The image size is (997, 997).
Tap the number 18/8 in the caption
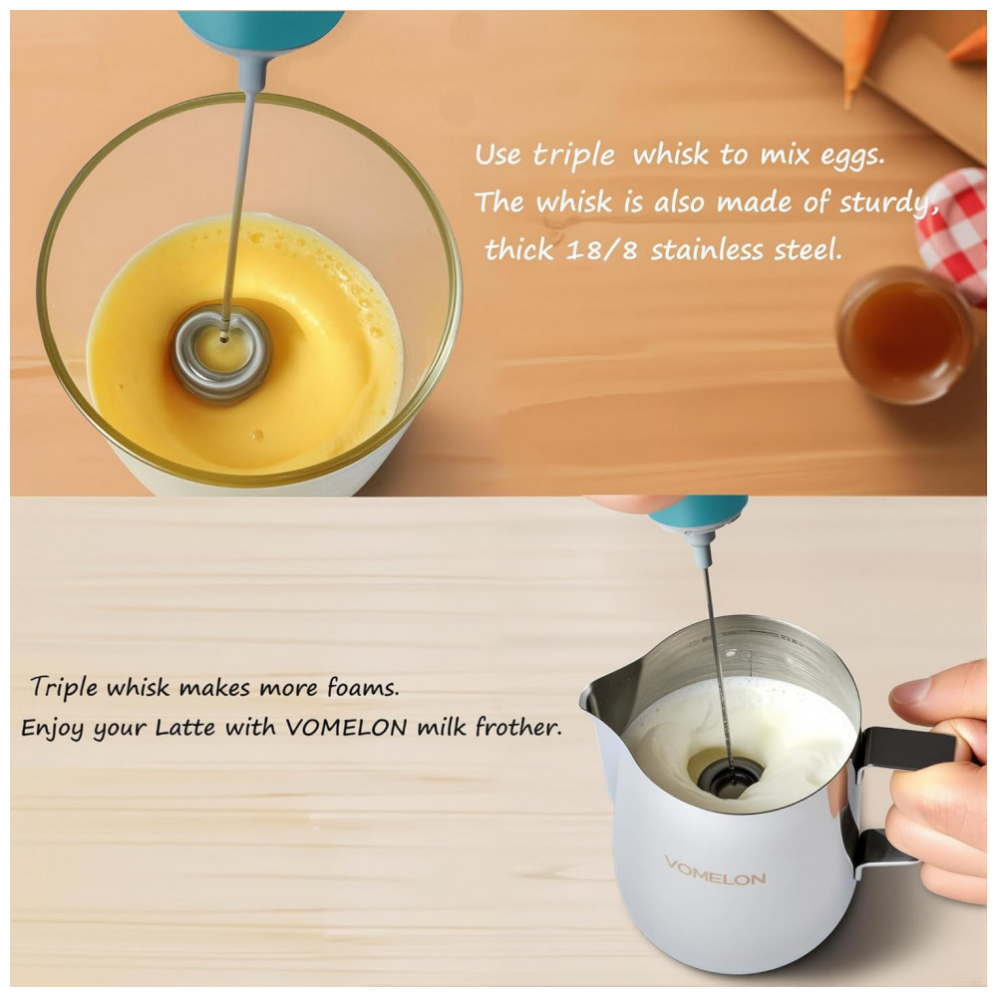pos(601,248)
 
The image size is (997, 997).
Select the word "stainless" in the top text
pos(706,248)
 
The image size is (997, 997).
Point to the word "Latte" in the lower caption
pos(185,726)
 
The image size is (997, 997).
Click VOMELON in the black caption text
pos(347,726)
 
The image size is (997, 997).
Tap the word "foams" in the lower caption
pos(363,687)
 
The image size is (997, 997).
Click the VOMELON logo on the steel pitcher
pos(715,871)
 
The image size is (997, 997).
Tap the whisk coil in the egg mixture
pos(220,353)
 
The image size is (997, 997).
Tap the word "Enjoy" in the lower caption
pos(52,728)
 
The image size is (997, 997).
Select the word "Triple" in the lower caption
pos(64,687)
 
